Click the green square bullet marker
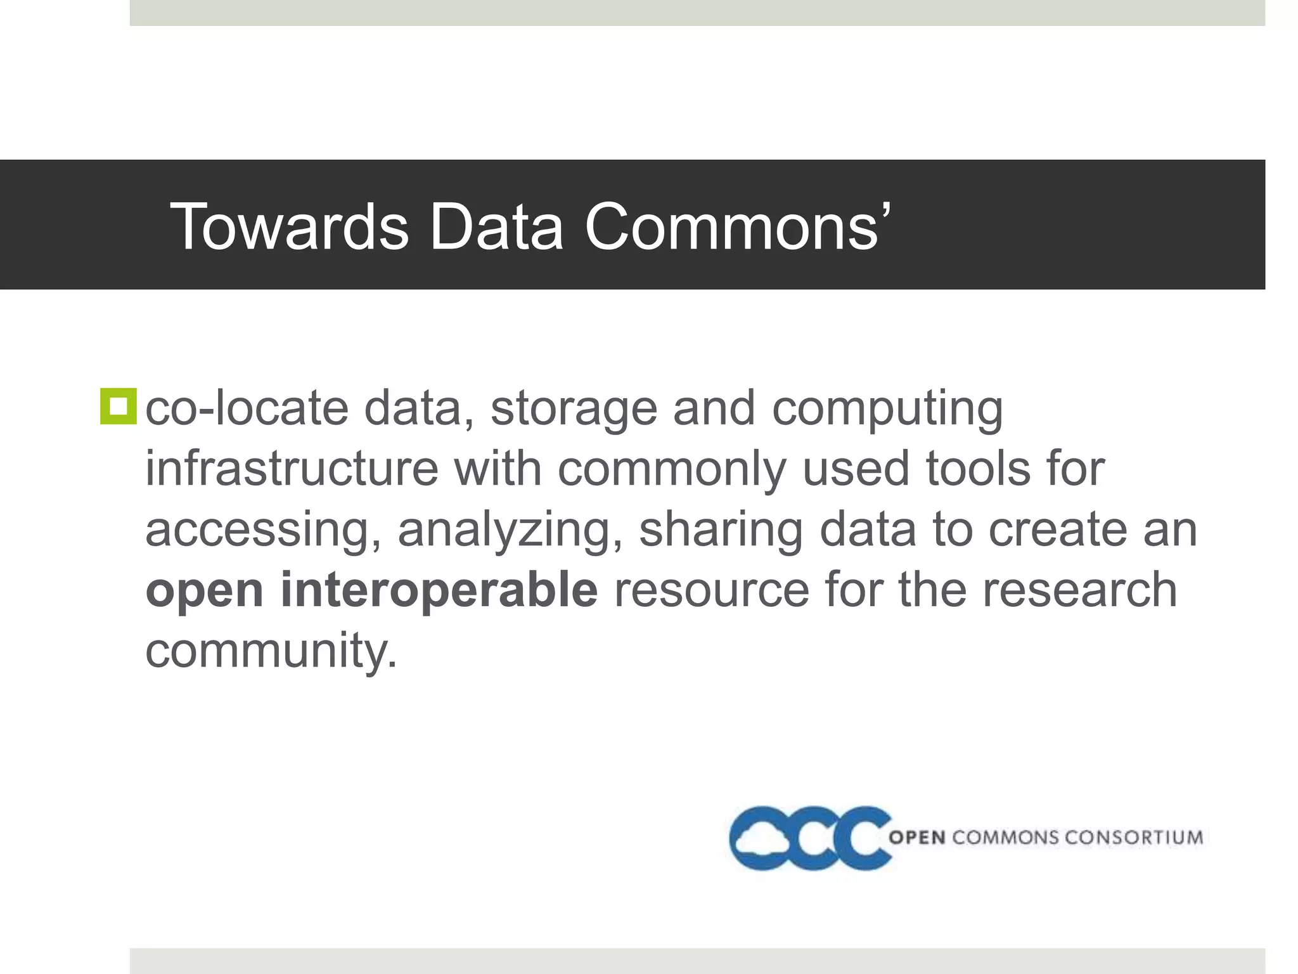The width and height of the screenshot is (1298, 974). pos(118,406)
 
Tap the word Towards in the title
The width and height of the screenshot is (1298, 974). pos(289,226)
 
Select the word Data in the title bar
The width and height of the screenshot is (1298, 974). pos(496,226)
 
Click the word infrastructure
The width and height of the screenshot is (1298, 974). pos(292,469)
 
